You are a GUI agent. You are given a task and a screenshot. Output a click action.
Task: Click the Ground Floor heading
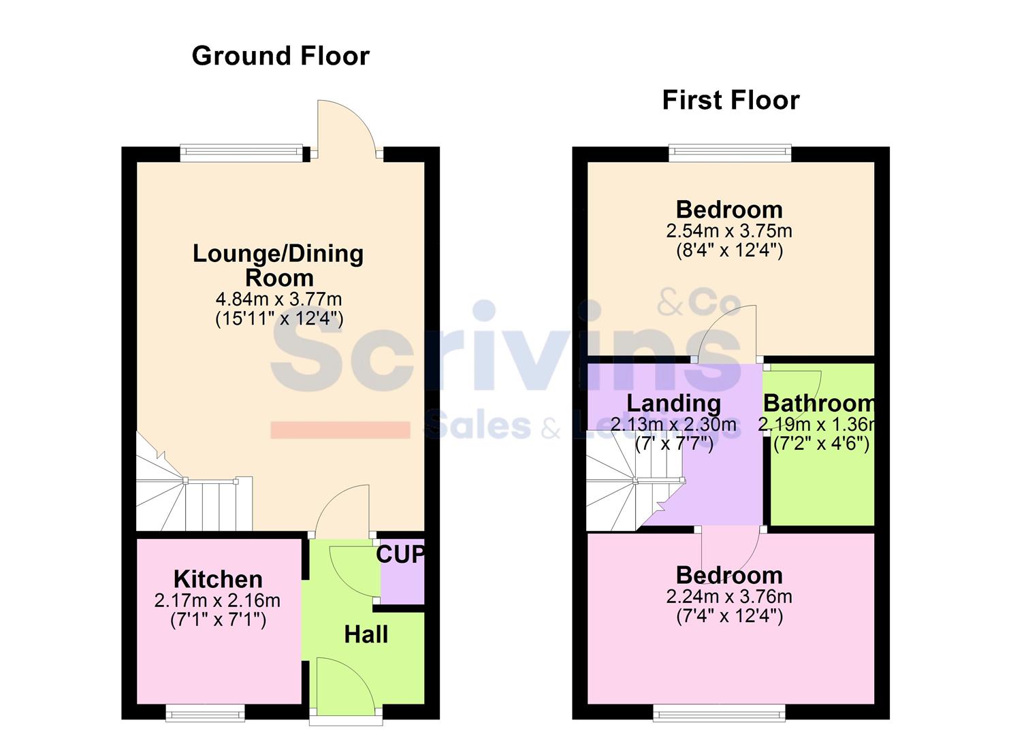[280, 56]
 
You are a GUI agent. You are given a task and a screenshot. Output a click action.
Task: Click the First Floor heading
[731, 100]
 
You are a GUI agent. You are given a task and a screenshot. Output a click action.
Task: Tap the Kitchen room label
[218, 579]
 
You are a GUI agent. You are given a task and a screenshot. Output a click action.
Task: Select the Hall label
[366, 634]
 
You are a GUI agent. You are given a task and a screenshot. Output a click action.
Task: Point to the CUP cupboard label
[400, 555]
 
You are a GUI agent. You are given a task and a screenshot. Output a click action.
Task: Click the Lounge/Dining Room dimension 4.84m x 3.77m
[279, 299]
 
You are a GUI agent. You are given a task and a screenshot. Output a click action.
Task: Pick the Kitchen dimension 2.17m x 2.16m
[218, 601]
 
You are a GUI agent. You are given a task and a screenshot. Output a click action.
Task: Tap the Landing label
[673, 403]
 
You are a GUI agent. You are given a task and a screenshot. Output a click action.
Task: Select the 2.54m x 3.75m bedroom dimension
[729, 231]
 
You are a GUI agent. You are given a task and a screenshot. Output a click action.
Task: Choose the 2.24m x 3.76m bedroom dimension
[729, 597]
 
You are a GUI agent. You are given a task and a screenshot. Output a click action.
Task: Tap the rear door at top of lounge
[347, 129]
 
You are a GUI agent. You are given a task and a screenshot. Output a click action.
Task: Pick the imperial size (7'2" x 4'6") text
[821, 444]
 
